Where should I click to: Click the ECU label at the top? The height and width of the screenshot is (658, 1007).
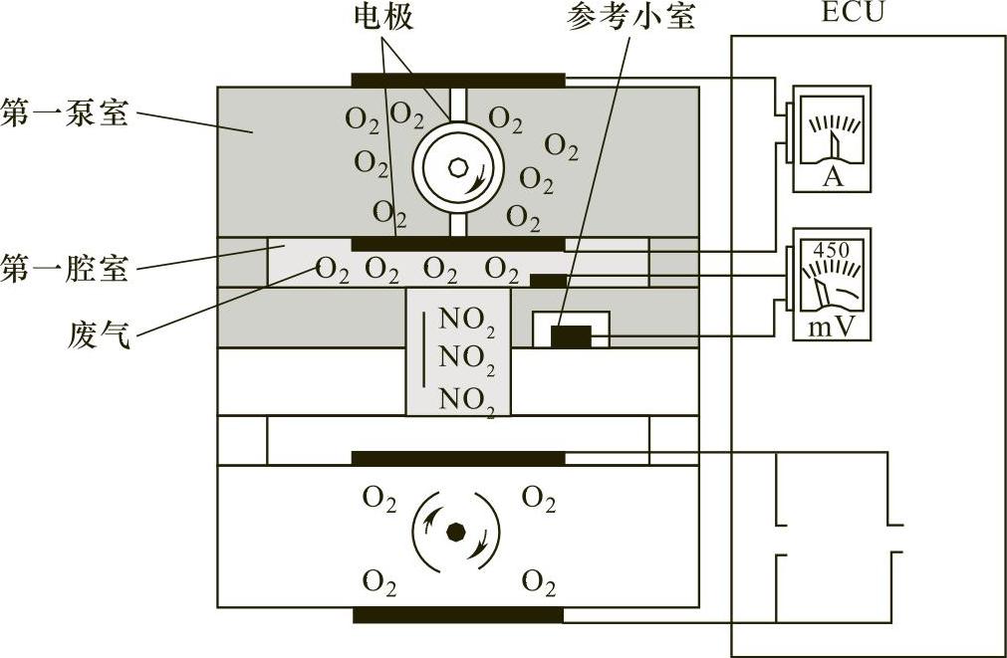[x=853, y=13]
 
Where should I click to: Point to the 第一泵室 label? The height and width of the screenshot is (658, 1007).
[x=65, y=111]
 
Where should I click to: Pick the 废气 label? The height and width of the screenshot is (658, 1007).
[x=97, y=329]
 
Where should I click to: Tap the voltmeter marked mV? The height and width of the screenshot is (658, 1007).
[x=831, y=284]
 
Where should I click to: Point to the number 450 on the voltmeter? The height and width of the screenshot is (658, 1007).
[x=830, y=249]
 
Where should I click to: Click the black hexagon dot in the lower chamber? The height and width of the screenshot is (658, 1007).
[x=456, y=532]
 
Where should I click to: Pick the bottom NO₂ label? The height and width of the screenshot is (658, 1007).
[x=466, y=400]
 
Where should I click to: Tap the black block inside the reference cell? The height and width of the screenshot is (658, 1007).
[x=571, y=337]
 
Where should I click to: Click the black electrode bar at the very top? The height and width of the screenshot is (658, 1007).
[x=458, y=80]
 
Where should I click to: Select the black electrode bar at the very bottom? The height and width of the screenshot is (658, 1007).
[x=458, y=614]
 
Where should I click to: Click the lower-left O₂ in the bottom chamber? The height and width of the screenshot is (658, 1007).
[x=379, y=580]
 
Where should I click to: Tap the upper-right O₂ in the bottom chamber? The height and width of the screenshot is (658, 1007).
[x=539, y=498]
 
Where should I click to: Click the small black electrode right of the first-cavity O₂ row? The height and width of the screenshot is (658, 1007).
[x=548, y=281]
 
